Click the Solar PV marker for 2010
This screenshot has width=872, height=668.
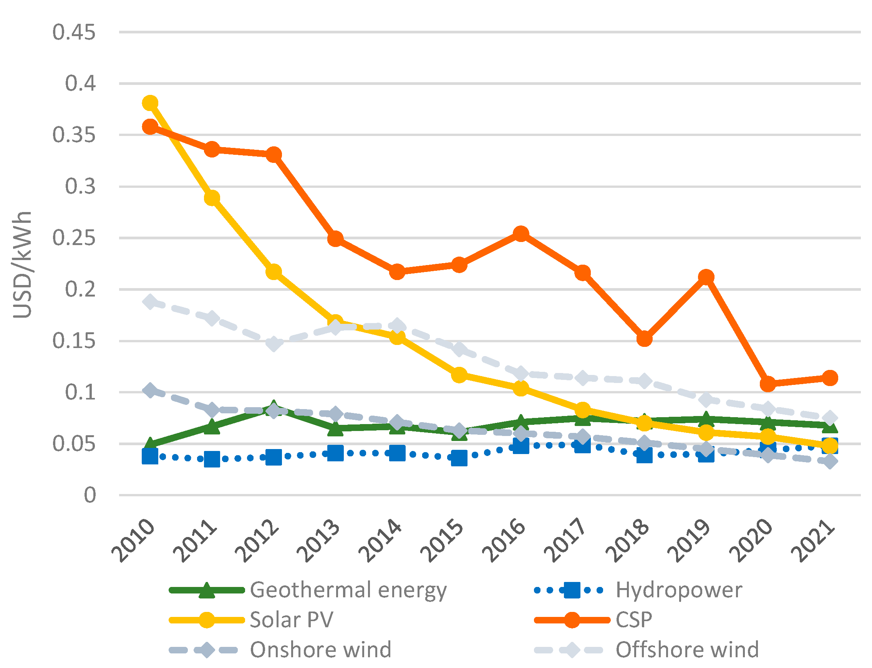click(x=150, y=103)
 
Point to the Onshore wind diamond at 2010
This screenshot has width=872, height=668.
click(x=150, y=390)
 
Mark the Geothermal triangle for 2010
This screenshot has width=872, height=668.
click(x=150, y=444)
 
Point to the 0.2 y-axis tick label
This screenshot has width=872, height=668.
click(x=81, y=290)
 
